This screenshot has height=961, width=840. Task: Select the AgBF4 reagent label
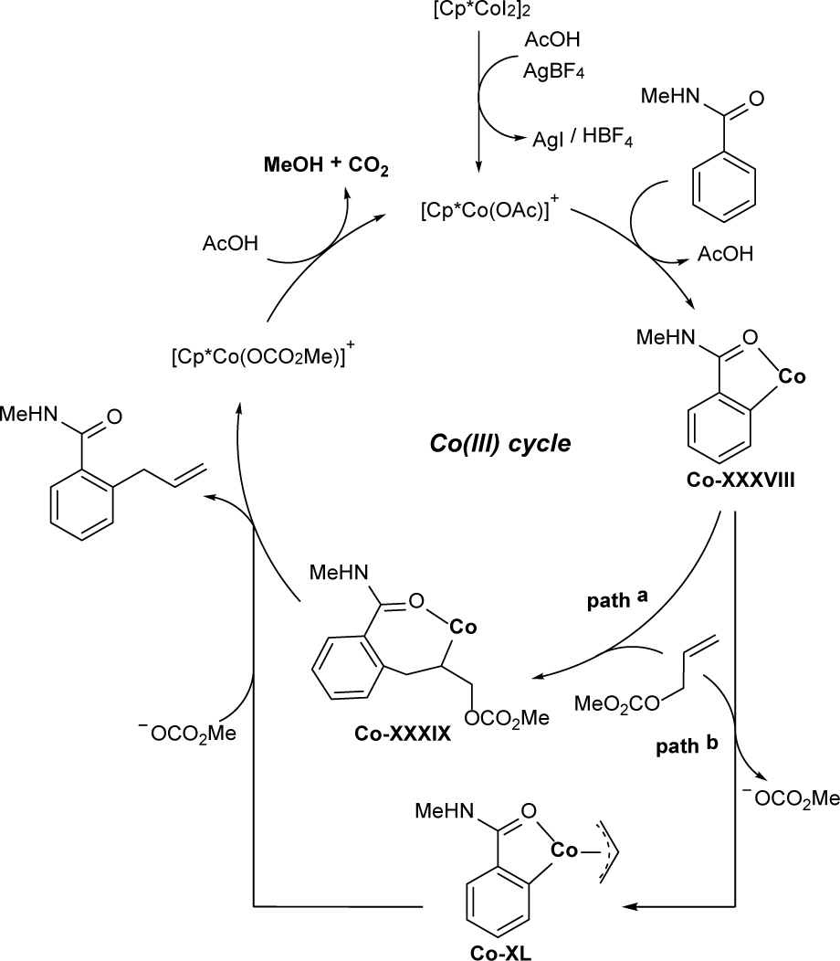(x=553, y=71)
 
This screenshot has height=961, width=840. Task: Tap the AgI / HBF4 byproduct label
(x=582, y=138)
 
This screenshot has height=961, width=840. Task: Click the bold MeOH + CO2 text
(x=326, y=166)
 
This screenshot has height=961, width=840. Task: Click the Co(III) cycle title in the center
(x=500, y=442)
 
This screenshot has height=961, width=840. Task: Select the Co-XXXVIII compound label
(x=740, y=480)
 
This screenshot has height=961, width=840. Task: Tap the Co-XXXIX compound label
(x=403, y=733)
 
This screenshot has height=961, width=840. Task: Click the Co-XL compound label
(x=501, y=952)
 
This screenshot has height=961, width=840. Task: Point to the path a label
(x=617, y=598)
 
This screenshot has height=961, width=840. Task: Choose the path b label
(x=687, y=745)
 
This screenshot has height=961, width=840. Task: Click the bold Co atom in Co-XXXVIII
(x=792, y=376)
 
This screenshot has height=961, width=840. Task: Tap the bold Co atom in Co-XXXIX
(x=463, y=627)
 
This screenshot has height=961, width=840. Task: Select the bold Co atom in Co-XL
(x=563, y=850)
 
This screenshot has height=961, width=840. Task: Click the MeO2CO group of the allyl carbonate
(x=617, y=703)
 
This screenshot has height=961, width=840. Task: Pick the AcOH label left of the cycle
(x=230, y=243)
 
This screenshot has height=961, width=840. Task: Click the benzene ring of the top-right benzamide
(x=724, y=185)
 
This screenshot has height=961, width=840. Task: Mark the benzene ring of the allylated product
(x=81, y=505)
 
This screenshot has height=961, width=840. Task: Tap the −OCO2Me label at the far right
(x=791, y=798)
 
